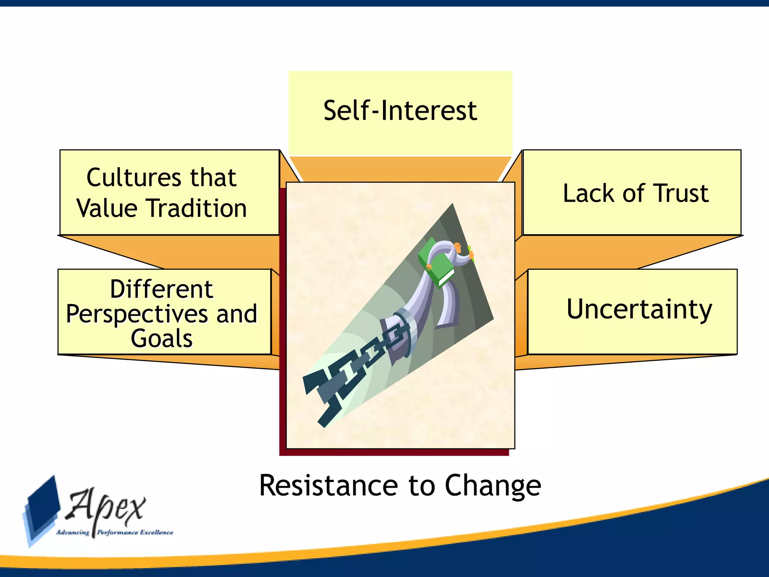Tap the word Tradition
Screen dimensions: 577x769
tap(196, 208)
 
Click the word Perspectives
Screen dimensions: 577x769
tap(135, 314)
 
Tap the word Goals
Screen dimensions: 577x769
tap(161, 338)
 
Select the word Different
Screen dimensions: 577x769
tap(161, 289)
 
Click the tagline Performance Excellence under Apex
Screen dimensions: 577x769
tap(135, 532)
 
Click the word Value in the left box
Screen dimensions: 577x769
tap(107, 208)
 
